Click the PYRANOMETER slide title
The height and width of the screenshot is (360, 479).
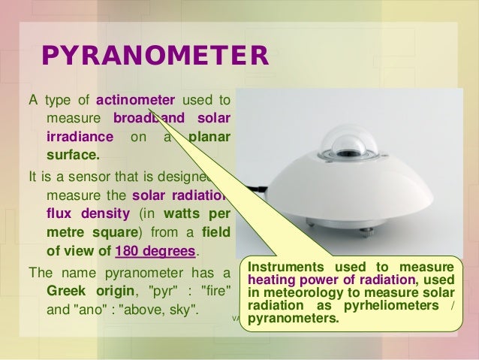pos(154,56)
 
